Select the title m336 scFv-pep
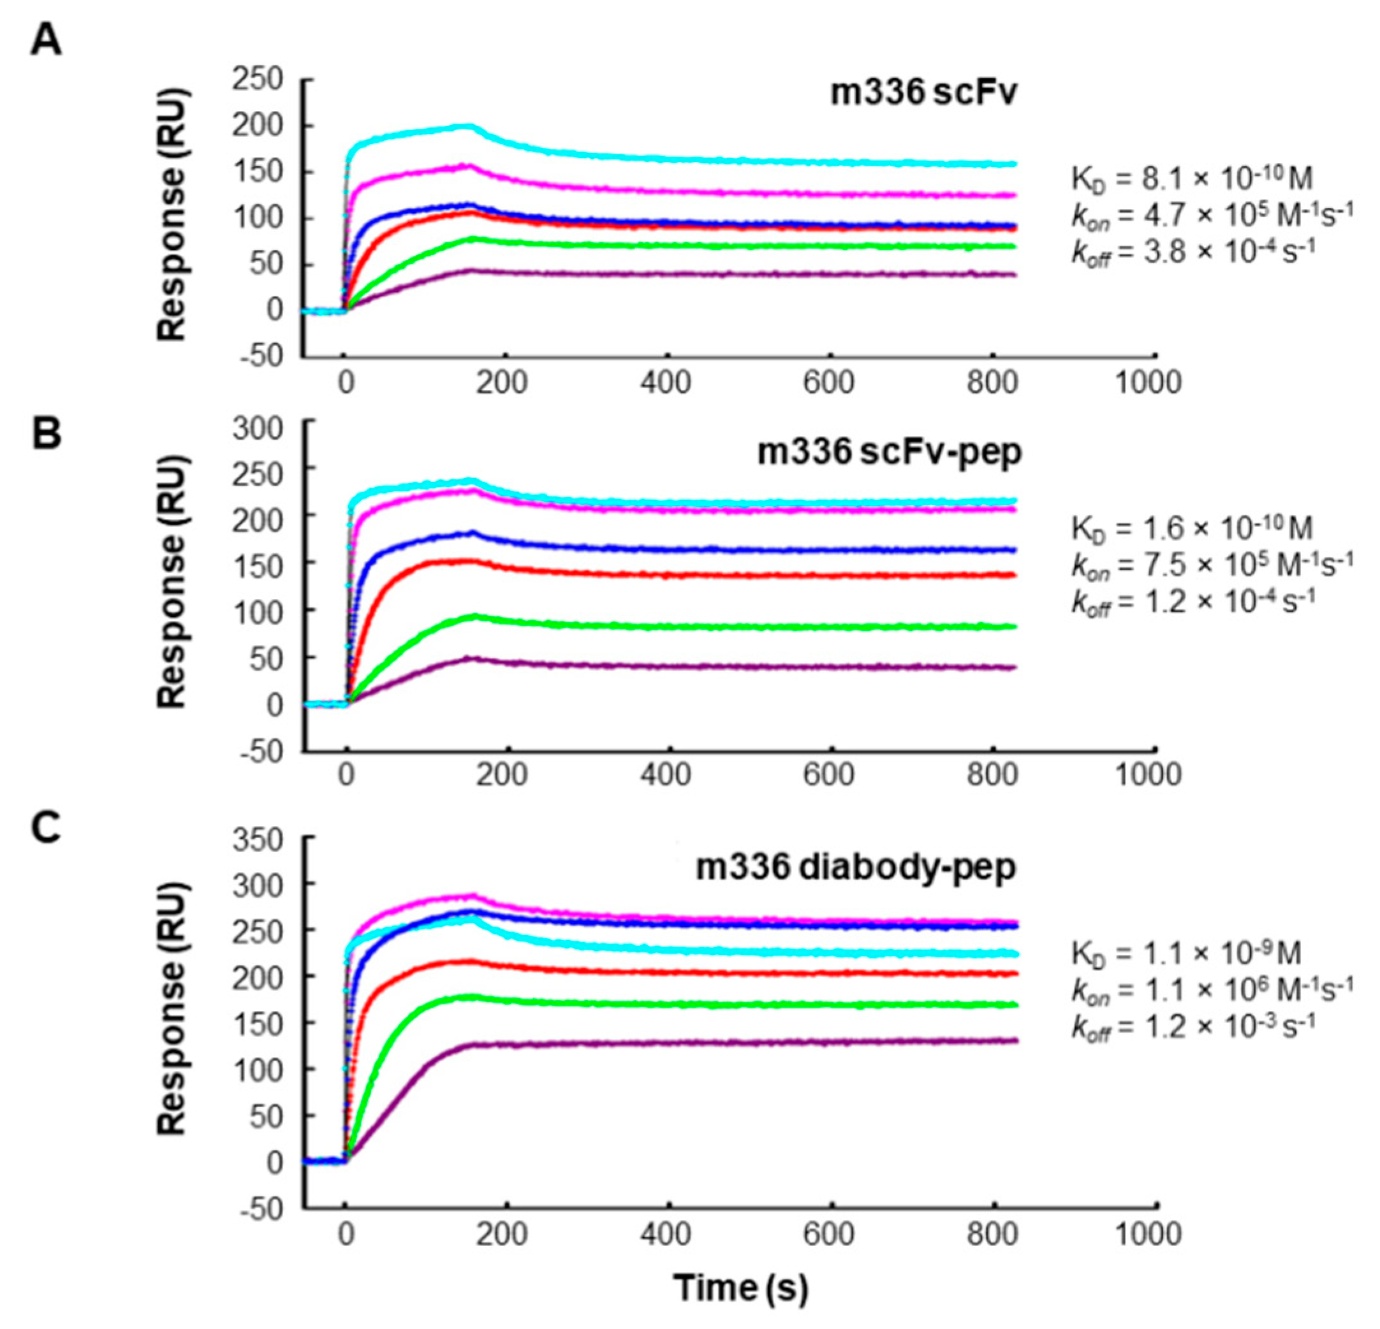click(888, 453)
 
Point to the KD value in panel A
click(1191, 179)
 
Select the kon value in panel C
click(1211, 991)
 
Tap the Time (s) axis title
click(740, 1288)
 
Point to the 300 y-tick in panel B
click(257, 428)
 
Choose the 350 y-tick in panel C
click(257, 839)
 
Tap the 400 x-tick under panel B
click(666, 775)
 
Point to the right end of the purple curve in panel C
click(1016, 1040)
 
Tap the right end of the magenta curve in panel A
click(1016, 195)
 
